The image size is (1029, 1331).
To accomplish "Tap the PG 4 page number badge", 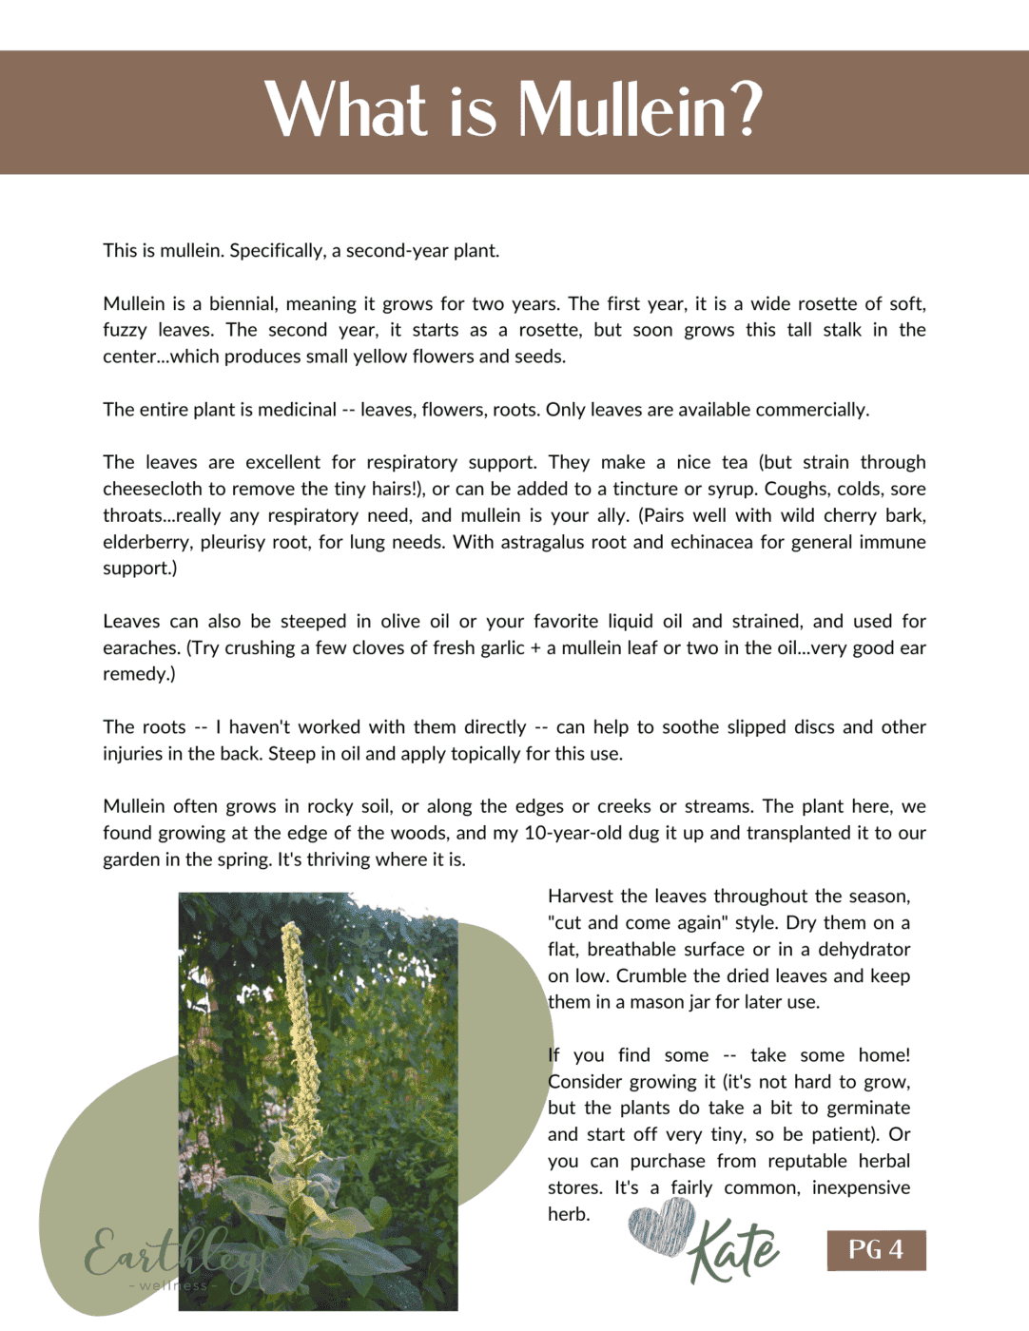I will (x=876, y=1249).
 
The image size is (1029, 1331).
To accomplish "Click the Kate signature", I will (x=734, y=1249).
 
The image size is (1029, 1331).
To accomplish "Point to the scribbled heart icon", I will (x=662, y=1226).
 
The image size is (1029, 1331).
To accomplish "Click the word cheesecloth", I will (x=151, y=489).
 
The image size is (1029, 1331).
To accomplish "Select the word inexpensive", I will (x=861, y=1187).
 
